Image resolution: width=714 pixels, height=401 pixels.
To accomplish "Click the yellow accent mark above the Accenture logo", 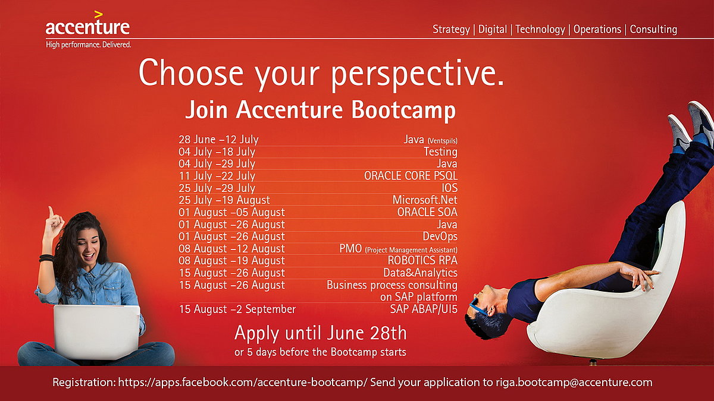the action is (99, 15).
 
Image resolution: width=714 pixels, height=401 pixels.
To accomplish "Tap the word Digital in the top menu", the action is (493, 30).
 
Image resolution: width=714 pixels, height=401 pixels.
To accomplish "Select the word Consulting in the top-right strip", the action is (653, 30).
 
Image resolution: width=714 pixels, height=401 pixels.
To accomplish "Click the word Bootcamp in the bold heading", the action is (403, 110).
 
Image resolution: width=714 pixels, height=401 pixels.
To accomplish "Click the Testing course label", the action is (440, 151).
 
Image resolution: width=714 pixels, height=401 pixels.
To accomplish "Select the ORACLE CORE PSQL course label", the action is (411, 176).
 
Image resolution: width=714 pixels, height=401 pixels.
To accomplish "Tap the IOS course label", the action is (450, 188).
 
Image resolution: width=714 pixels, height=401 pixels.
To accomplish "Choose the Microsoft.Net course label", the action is (425, 200).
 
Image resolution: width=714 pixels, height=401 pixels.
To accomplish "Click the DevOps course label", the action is (440, 236).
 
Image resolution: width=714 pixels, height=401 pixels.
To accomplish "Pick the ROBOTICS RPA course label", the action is (422, 260).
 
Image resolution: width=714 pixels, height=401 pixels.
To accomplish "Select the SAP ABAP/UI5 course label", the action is (424, 309).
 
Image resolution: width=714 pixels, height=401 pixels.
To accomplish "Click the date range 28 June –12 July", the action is (219, 140).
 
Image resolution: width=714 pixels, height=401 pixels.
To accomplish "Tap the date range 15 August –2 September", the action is (237, 309).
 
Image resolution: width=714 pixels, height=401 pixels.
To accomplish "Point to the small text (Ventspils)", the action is (443, 141).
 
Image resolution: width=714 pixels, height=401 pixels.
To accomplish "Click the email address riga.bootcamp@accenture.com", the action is (574, 382).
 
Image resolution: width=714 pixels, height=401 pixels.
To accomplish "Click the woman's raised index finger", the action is (51, 211).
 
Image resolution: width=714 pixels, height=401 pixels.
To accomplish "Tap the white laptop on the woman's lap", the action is (97, 331).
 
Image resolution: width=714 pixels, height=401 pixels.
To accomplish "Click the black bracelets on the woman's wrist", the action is (46, 258).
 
